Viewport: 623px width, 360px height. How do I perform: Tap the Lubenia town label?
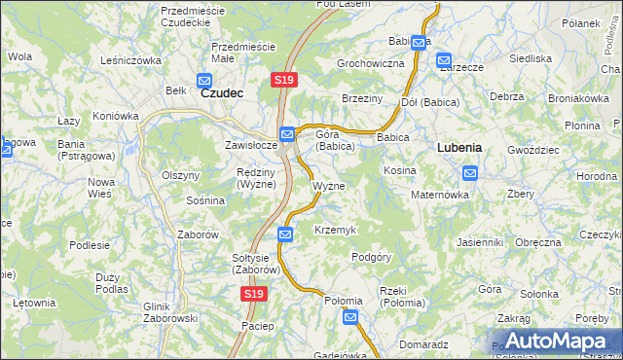[x=459, y=148]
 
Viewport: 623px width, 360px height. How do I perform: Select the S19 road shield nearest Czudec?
[x=282, y=80]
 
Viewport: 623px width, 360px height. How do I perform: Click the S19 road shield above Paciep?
[x=252, y=293]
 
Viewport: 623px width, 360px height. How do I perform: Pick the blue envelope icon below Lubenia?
[x=470, y=174]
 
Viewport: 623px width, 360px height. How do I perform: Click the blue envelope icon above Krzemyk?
[x=284, y=234]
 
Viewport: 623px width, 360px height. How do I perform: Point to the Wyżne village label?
[x=328, y=186]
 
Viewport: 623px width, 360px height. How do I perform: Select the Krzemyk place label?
[x=336, y=230]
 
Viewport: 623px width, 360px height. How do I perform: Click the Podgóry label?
[x=371, y=257]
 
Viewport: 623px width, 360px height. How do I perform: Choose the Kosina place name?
[x=400, y=170]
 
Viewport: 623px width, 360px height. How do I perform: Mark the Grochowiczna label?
[x=370, y=63]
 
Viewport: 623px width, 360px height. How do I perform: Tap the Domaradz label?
[x=422, y=344]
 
